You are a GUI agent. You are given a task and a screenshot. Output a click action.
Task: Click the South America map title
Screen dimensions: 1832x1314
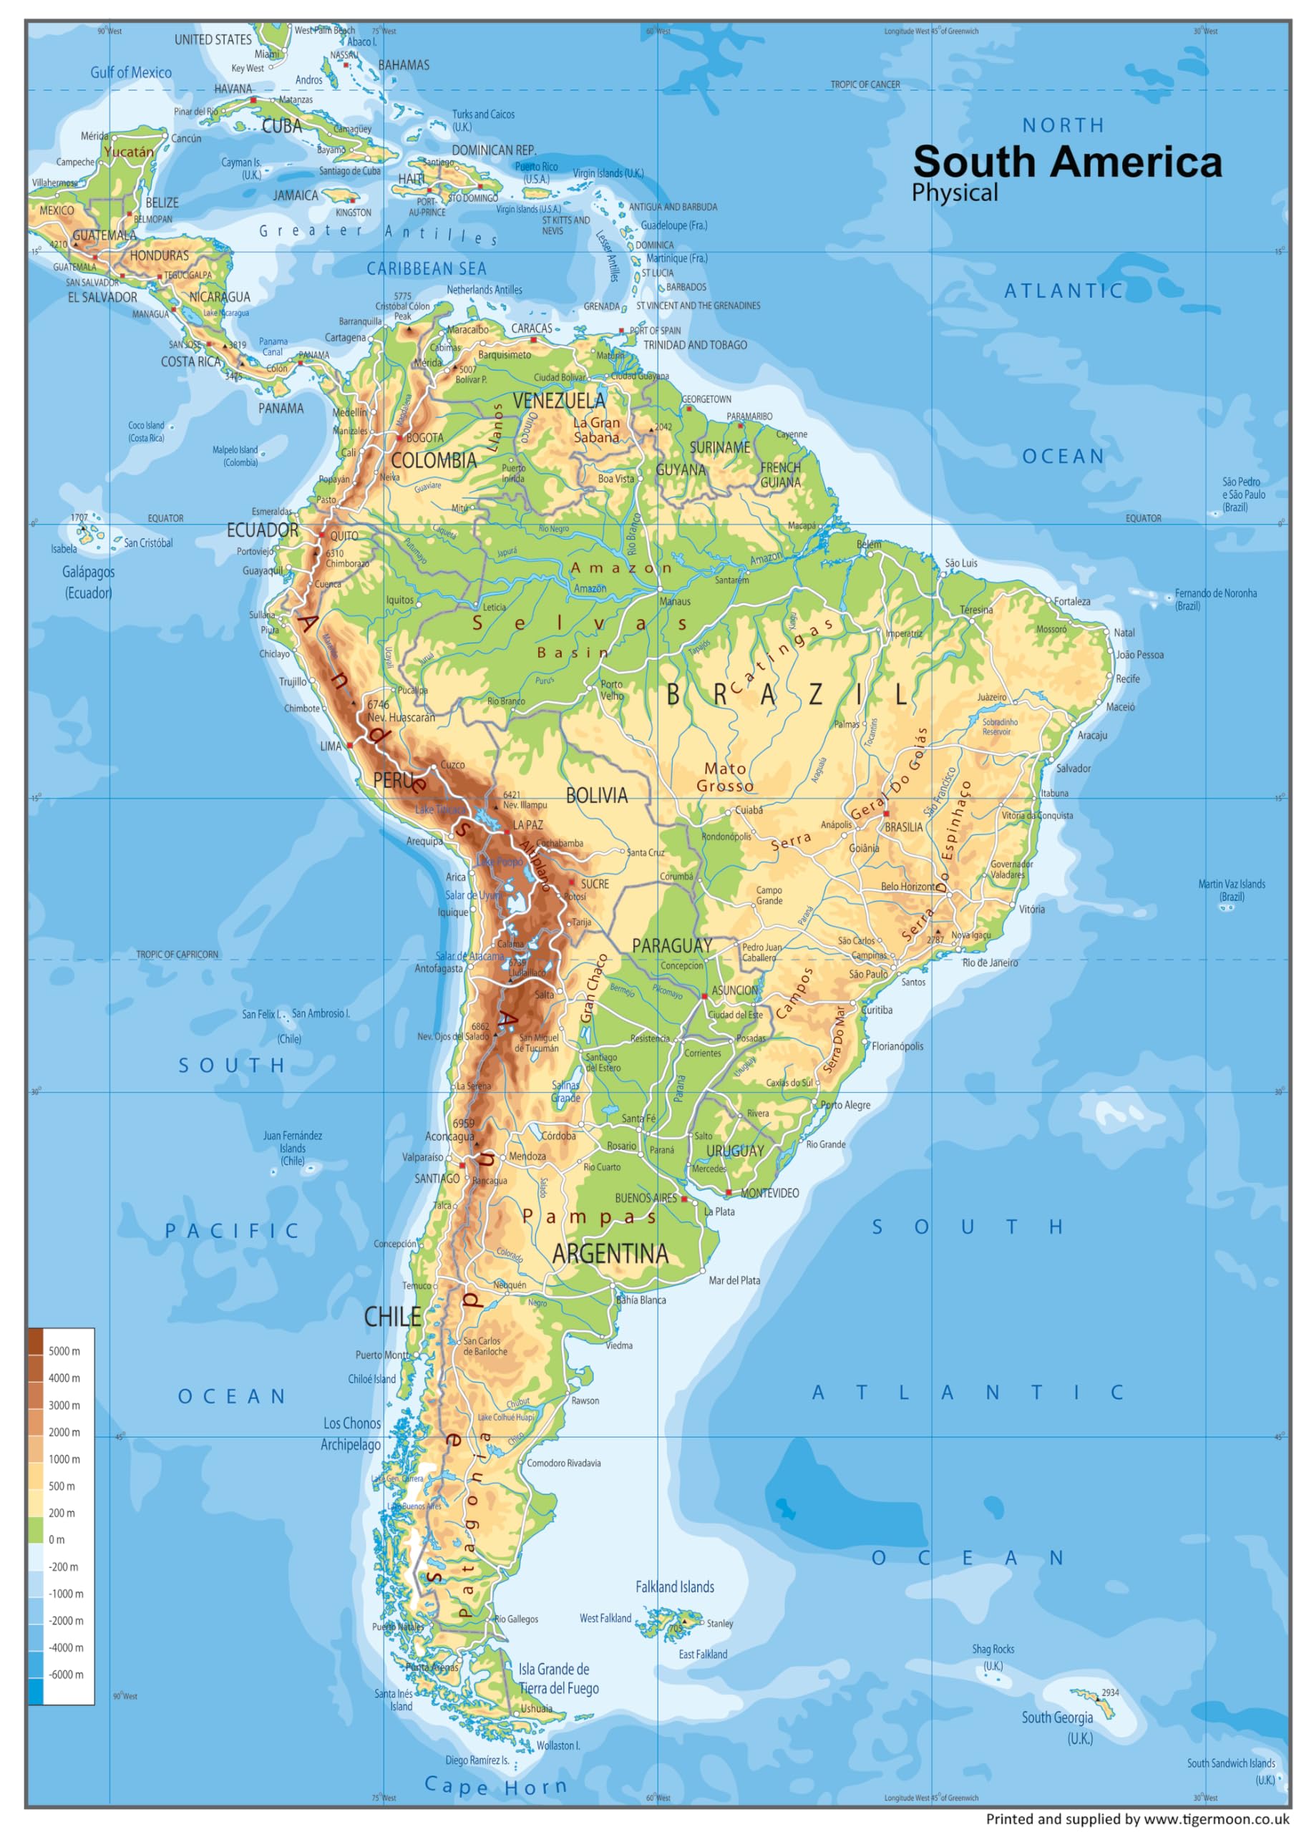coord(1067,162)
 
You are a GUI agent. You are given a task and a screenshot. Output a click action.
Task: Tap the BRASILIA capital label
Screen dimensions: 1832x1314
coord(903,827)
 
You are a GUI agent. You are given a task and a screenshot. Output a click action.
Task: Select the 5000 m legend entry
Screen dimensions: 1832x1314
coord(64,1350)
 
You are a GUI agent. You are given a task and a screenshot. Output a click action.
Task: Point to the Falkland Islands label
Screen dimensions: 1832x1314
coord(674,1587)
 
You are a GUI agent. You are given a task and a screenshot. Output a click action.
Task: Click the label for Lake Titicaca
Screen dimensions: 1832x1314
coord(440,809)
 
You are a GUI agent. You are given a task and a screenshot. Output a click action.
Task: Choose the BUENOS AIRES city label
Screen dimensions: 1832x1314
coord(646,1198)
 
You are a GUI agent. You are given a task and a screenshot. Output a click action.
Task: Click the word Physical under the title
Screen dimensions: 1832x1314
coord(955,193)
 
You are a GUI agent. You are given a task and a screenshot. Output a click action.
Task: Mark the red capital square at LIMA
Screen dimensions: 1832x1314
coord(350,746)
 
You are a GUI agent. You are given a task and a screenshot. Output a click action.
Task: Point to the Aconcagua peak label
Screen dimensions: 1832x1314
coord(449,1136)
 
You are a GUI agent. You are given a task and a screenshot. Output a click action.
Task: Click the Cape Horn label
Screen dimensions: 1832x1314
coord(495,1786)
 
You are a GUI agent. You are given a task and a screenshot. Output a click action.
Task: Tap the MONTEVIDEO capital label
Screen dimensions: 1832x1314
coord(769,1193)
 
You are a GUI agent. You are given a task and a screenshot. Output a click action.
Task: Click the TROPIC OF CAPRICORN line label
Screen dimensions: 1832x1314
coord(177,954)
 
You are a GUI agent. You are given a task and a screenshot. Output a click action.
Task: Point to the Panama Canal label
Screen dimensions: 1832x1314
coord(273,346)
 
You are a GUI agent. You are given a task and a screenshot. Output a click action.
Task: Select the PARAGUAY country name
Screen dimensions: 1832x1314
coord(671,945)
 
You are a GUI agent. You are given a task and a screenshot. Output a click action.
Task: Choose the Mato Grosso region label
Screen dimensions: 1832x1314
coord(724,776)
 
